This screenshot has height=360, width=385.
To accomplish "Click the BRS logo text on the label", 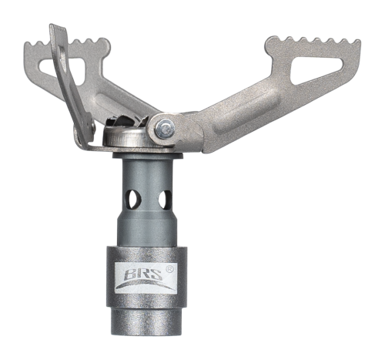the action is [143, 274].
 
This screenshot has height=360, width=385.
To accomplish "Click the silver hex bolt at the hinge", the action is [165, 126].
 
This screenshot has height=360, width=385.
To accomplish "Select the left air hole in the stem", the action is [134, 199].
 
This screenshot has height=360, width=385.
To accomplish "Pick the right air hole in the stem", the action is [165, 199].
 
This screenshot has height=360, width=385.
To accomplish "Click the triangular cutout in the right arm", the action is [316, 69].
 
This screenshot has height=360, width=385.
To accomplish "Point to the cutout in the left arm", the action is [63, 69].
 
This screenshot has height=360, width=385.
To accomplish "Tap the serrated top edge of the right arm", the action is [314, 41].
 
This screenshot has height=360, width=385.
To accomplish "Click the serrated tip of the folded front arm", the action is [57, 28].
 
